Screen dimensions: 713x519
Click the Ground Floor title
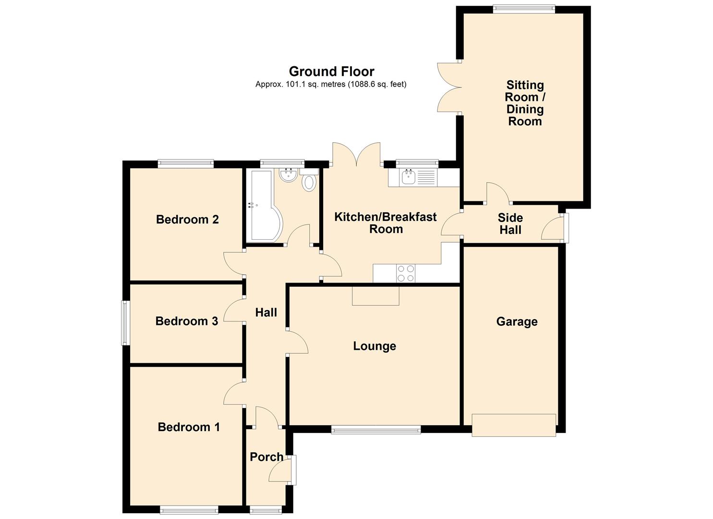(331, 72)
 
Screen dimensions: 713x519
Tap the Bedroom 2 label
(187, 220)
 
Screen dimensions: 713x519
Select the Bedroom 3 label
(187, 321)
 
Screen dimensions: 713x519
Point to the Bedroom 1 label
(189, 427)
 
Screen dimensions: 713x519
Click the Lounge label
(375, 346)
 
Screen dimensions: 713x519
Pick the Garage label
(517, 322)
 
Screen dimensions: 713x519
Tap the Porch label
(266, 457)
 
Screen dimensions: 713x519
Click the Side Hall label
(510, 224)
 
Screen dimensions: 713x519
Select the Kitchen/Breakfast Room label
(386, 223)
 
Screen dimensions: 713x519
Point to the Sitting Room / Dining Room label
(525, 103)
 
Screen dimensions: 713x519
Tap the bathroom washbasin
(289, 175)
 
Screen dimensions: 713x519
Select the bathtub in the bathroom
(263, 206)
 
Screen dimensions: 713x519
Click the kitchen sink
(408, 177)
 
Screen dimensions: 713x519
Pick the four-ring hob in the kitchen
(406, 273)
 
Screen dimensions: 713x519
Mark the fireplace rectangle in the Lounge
(375, 296)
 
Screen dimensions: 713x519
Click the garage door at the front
(514, 425)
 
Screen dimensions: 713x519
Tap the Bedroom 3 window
(125, 323)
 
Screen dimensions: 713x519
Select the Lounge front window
(376, 430)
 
